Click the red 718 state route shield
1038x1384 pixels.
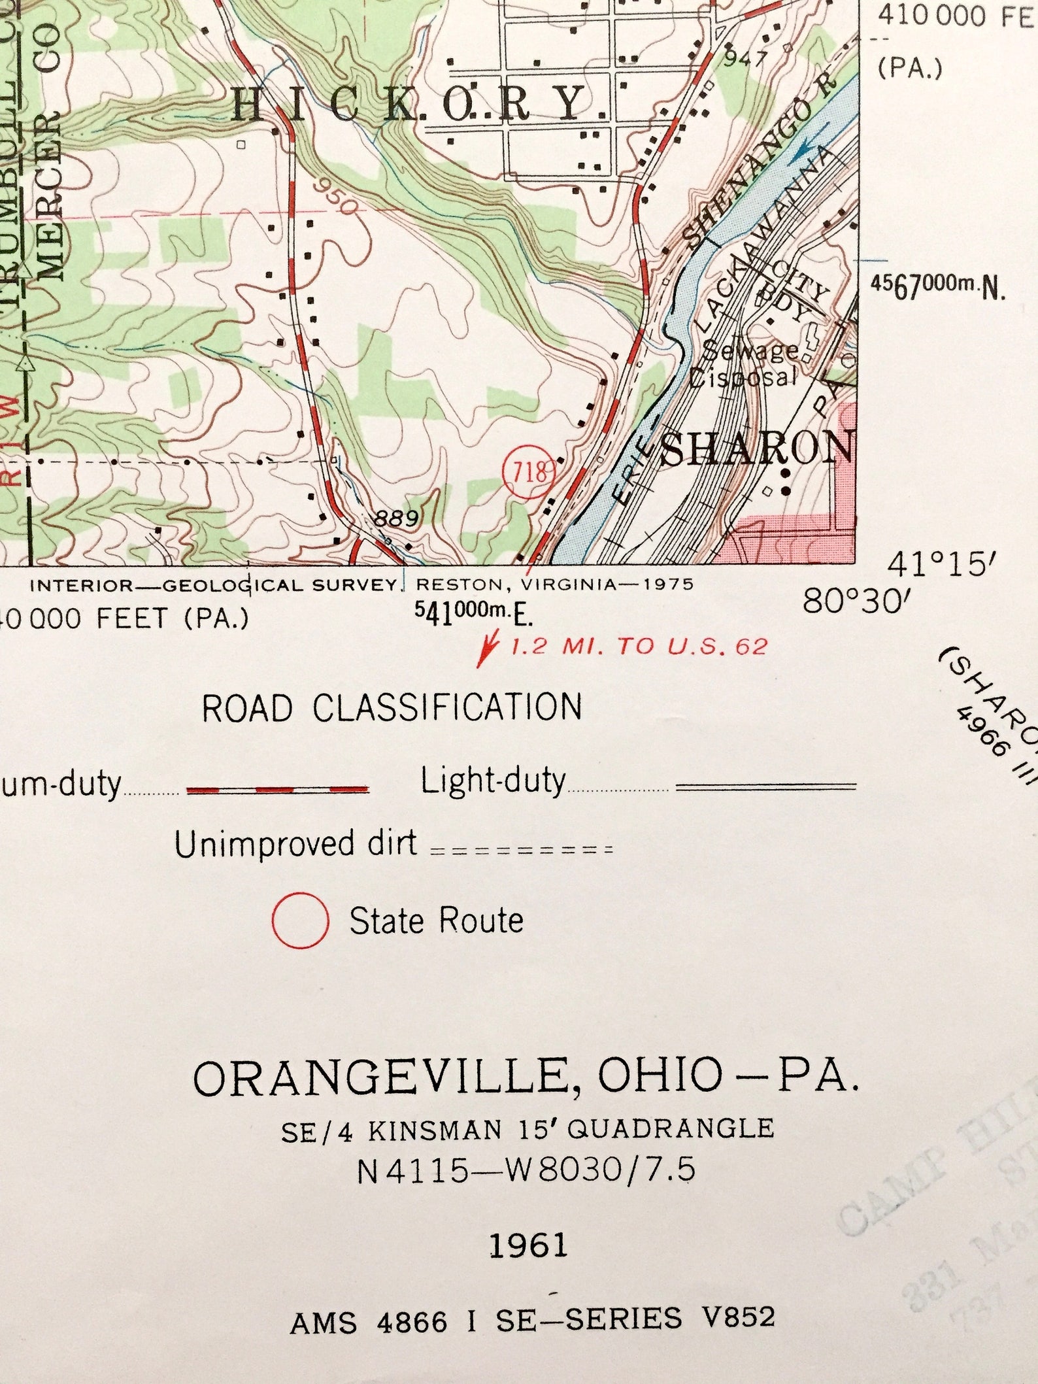(x=529, y=472)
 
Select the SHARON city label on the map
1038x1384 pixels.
(x=757, y=448)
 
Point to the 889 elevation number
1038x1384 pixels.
(x=396, y=519)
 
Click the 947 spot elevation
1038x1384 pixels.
(x=745, y=59)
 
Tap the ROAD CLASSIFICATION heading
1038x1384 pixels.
(x=392, y=708)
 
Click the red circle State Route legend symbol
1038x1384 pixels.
(x=300, y=920)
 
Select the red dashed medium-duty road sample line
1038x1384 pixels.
(x=278, y=790)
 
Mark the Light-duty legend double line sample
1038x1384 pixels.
(x=765, y=786)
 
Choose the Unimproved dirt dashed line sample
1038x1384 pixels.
(x=522, y=851)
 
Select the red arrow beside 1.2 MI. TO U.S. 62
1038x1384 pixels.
(x=488, y=649)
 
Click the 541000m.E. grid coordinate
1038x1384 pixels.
(x=474, y=613)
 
